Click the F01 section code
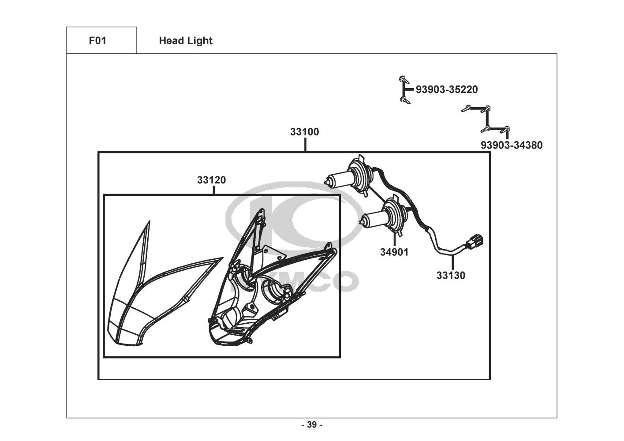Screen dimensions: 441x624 [x=97, y=41]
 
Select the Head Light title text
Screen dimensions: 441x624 [x=186, y=41]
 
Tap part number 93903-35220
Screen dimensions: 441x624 [x=447, y=90]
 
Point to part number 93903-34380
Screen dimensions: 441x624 [x=512, y=145]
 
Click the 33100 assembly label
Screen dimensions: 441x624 [x=304, y=131]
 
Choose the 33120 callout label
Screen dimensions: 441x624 [x=211, y=180]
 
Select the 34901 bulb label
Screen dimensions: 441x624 [x=394, y=252]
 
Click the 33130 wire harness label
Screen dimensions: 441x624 [x=451, y=276]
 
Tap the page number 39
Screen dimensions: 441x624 [x=312, y=425]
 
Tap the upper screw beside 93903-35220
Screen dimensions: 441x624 [x=402, y=79]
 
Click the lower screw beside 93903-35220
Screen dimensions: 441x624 [x=404, y=100]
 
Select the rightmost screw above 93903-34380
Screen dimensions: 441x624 [x=506, y=129]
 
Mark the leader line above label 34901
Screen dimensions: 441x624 [x=395, y=239]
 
